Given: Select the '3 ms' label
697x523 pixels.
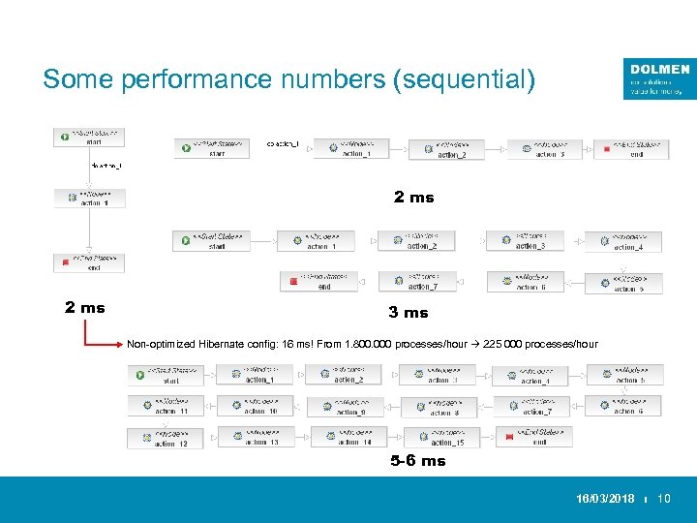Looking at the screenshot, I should (408, 313).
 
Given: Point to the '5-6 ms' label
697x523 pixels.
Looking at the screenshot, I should (418, 461).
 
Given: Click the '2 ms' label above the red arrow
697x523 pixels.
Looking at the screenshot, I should (85, 308).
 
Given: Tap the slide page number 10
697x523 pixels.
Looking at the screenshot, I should (664, 499).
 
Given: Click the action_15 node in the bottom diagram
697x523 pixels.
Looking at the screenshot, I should (440, 438).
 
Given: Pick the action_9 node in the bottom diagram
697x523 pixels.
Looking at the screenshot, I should (345, 407).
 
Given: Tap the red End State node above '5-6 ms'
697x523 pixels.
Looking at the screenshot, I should (533, 437).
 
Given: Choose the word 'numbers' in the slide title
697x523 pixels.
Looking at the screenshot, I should (335, 78).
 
